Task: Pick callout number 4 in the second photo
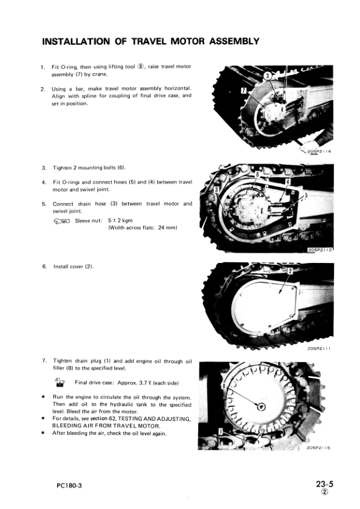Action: (288, 181)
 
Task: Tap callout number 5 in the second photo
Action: (306, 195)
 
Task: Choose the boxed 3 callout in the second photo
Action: (216, 191)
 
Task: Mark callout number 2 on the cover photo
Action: (289, 270)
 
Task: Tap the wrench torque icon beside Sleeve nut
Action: (62, 221)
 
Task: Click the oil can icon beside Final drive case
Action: (60, 381)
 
